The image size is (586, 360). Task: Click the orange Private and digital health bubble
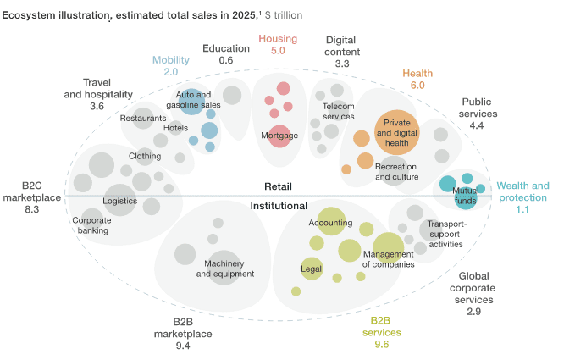[x=396, y=132]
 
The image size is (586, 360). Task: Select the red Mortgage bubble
[x=279, y=136]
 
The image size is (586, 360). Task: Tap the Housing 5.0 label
[x=278, y=45]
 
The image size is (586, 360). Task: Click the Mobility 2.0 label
[x=171, y=66]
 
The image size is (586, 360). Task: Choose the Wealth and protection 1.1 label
[x=522, y=197]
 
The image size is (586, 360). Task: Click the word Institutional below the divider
[x=279, y=206]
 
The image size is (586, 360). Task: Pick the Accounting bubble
[x=331, y=222]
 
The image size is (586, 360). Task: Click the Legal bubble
[x=312, y=269]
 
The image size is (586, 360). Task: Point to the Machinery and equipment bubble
[x=225, y=268]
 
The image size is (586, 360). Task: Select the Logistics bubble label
[x=119, y=201]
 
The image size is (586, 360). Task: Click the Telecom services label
[x=339, y=111]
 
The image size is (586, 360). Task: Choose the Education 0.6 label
[x=226, y=54]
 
